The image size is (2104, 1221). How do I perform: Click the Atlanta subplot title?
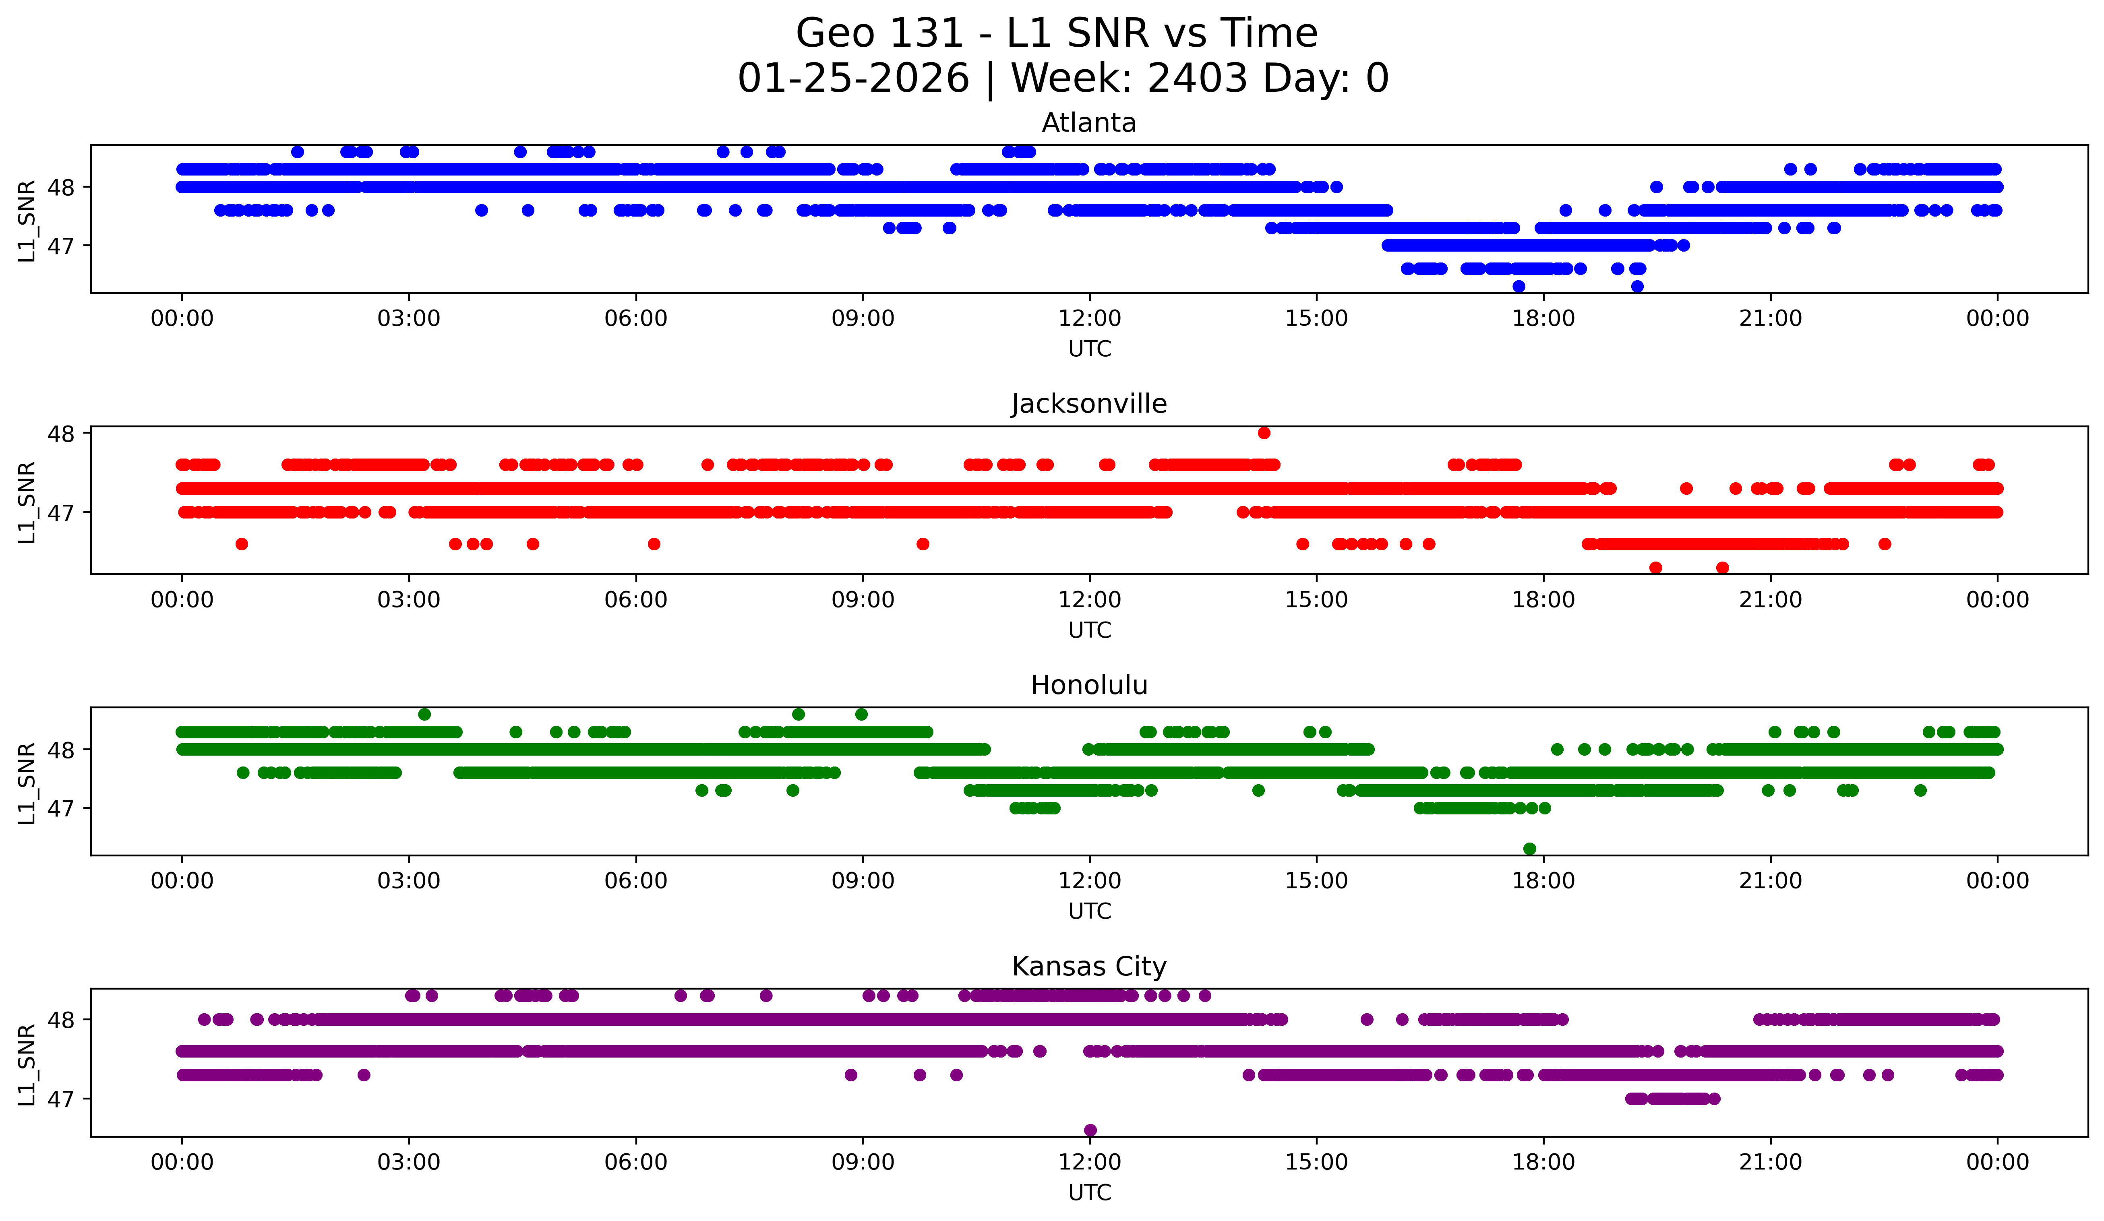pos(1089,123)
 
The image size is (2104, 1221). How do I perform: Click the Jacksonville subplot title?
pos(1089,404)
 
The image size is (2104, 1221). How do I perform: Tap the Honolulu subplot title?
pos(1089,685)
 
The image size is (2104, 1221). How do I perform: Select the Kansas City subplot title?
pos(1089,967)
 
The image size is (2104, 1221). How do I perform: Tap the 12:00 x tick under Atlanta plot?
pos(1090,319)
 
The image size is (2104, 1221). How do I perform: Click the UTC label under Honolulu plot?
pos(1090,911)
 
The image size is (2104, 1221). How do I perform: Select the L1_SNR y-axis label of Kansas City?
pos(27,1064)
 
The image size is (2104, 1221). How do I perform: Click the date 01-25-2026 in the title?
pos(853,79)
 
